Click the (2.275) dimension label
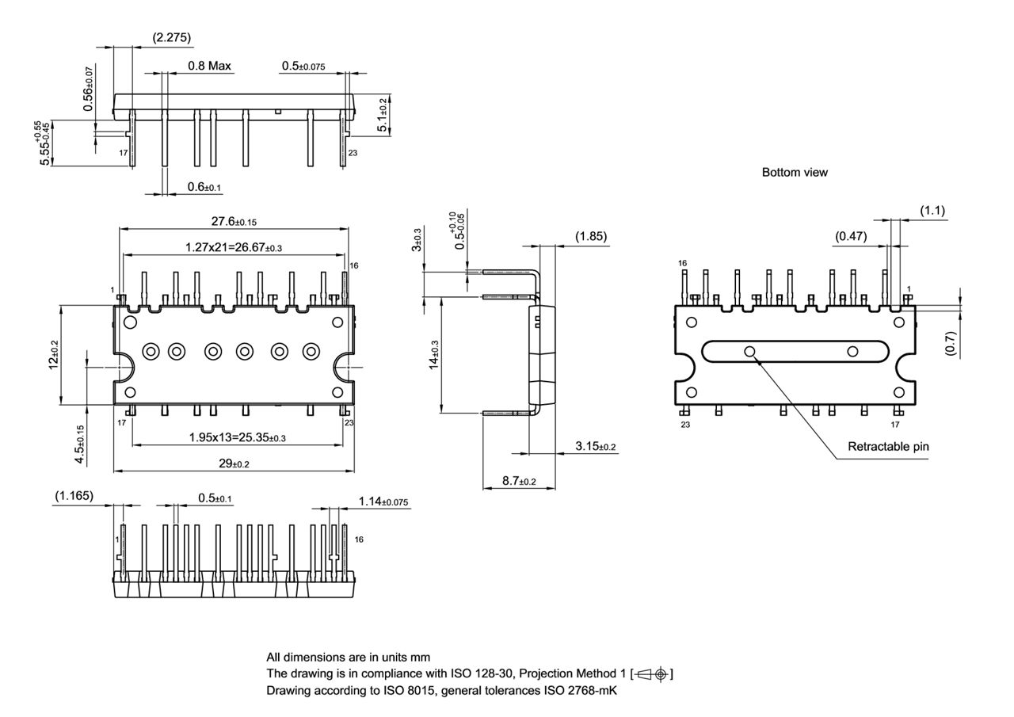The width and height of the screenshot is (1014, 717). [171, 37]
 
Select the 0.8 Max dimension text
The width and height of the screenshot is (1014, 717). [209, 66]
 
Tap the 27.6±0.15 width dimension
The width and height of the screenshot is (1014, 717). [234, 222]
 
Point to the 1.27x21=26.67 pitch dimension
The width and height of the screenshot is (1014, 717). [234, 247]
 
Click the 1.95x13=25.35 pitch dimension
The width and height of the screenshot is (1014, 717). [237, 437]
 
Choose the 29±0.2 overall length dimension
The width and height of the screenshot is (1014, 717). [234, 463]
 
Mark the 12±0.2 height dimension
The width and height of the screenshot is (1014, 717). [53, 354]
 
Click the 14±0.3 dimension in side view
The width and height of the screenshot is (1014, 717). [433, 354]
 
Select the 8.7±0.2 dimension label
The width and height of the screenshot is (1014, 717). [518, 481]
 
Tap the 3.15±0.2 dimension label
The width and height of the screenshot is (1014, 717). [595, 447]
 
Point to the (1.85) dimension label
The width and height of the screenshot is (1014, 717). [592, 236]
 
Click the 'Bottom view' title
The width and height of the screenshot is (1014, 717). [795, 172]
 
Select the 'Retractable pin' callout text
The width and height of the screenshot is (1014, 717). [888, 446]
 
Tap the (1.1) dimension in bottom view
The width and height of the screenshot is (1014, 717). [932, 211]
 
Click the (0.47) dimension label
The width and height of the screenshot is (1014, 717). [851, 236]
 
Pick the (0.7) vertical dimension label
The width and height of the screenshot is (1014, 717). [951, 343]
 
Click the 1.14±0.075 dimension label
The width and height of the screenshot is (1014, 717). [383, 502]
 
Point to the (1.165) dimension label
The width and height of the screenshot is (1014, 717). [74, 496]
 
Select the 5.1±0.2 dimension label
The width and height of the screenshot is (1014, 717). [383, 116]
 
